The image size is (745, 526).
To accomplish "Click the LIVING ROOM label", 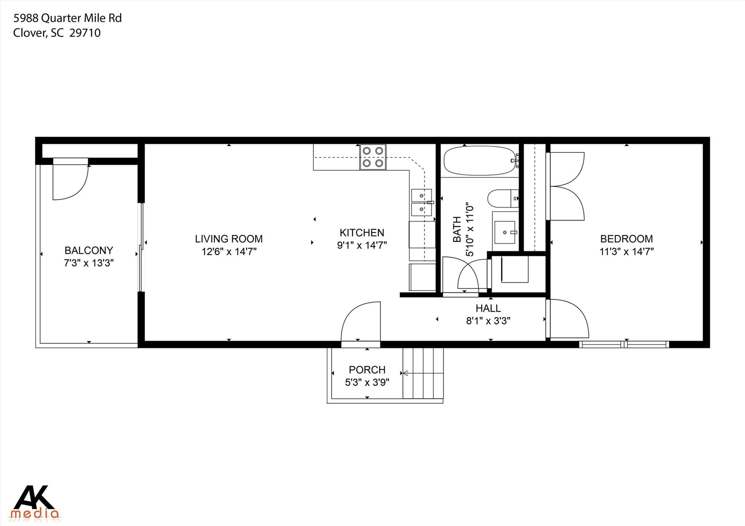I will (228, 239).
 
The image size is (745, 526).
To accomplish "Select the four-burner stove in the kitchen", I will (373, 157).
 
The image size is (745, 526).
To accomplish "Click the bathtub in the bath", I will (479, 161).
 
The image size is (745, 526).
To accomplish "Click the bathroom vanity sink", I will (505, 232).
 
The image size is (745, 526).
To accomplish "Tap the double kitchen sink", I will (421, 202).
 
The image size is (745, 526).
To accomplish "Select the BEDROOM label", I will (626, 239).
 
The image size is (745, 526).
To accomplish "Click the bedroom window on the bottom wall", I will (624, 344).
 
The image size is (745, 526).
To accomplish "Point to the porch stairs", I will (423, 373).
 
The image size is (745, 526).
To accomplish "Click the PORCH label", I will (367, 370).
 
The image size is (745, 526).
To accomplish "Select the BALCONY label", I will (89, 250).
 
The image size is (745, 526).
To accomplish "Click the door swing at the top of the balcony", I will (70, 180).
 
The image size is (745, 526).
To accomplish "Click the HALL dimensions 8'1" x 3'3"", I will (488, 321).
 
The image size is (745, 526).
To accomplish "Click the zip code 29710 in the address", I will (85, 33).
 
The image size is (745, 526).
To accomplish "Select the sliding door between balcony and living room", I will (142, 247).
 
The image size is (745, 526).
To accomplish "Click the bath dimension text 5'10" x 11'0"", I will (470, 230).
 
